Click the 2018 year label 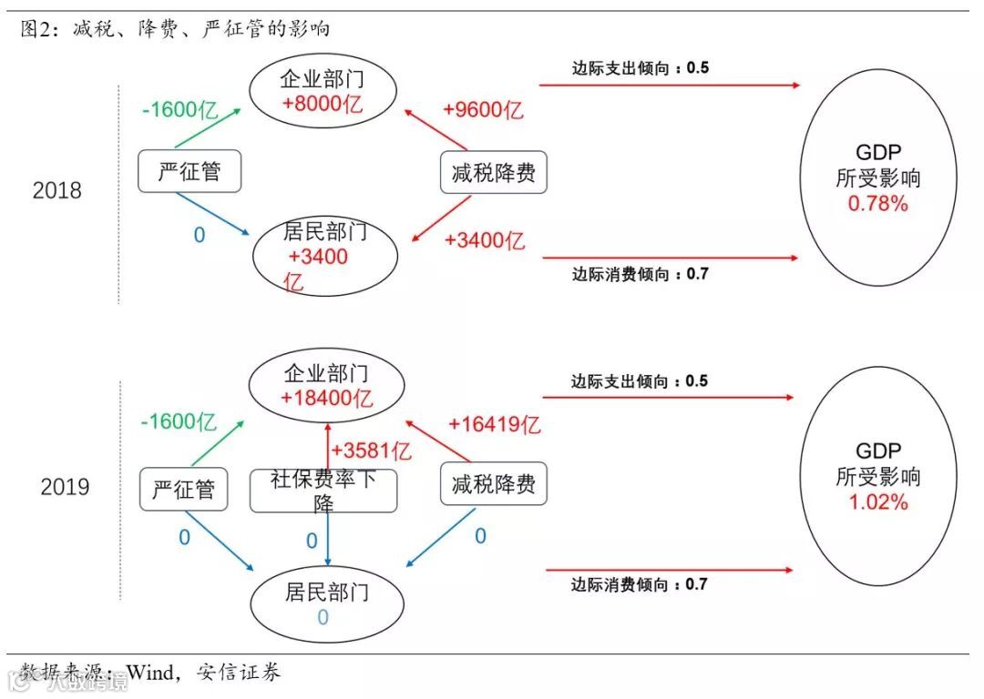click(56, 191)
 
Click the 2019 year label click(65, 487)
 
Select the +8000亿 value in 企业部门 click(323, 104)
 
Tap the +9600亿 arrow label click(483, 110)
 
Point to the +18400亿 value click(326, 398)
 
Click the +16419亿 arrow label click(495, 424)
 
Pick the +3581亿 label click(371, 451)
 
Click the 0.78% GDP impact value click(877, 204)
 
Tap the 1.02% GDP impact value click(878, 501)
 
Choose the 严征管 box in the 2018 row click(190, 171)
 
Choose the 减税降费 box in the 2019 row click(493, 484)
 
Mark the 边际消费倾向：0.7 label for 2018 click(640, 274)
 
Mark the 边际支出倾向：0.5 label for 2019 click(640, 381)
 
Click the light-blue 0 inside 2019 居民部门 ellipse click(323, 618)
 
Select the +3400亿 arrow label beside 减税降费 click(485, 241)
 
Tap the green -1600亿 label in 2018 click(179, 111)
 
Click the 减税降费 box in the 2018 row click(493, 173)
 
